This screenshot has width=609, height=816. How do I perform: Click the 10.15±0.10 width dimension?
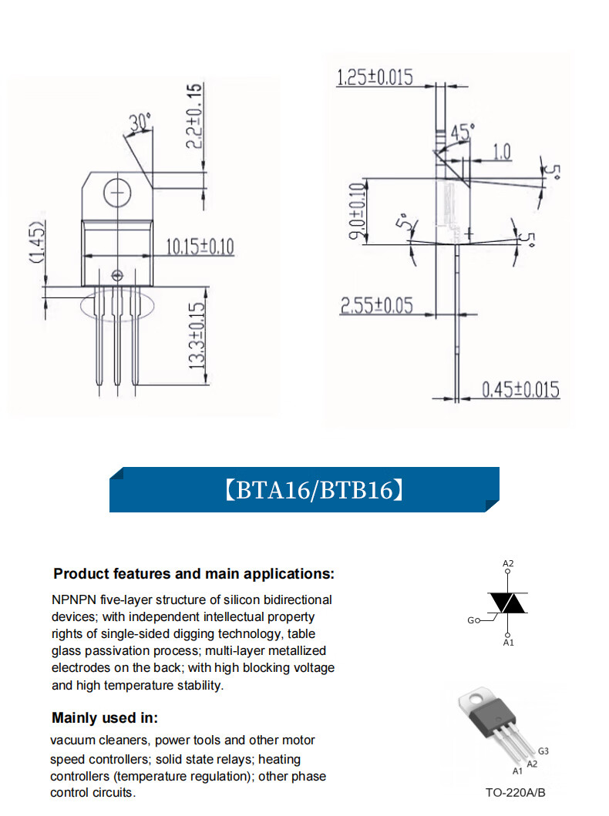(x=200, y=247)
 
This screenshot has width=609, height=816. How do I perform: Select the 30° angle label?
(x=140, y=123)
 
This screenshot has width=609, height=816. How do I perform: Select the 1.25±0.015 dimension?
(x=375, y=77)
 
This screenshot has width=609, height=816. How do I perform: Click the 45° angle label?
(x=460, y=133)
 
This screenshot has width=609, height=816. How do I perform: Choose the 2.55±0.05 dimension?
(x=377, y=306)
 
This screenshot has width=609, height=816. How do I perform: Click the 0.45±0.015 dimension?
(x=521, y=389)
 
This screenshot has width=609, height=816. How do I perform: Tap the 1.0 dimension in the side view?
(x=501, y=152)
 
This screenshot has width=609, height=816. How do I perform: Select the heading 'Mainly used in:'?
(x=105, y=718)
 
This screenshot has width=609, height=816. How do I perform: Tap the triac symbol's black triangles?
(x=508, y=603)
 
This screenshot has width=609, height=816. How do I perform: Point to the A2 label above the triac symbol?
(x=508, y=564)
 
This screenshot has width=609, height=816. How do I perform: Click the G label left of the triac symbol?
(x=471, y=620)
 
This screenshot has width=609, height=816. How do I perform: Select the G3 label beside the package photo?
(x=543, y=751)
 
